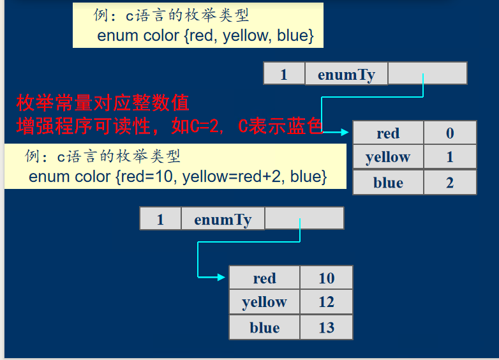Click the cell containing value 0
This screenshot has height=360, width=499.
coord(450,133)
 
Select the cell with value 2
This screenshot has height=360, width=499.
coord(450,182)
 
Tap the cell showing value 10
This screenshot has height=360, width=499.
coord(326,278)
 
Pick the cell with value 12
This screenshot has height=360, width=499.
coord(326,301)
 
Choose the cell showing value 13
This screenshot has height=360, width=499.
coord(326,327)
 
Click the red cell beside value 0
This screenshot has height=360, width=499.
coord(388,133)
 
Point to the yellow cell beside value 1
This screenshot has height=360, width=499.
coord(388,156)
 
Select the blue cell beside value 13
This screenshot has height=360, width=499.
coord(264,327)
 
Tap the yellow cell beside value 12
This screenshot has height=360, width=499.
coord(264,301)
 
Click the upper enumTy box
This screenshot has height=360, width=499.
coord(346,73)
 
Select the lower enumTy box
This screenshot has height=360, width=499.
coord(223,218)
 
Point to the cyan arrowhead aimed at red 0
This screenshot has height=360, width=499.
coord(345,131)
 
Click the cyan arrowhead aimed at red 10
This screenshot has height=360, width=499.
coord(221,277)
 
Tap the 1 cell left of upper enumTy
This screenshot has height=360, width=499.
coord(284,73)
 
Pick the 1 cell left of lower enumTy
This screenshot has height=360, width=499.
coord(160,218)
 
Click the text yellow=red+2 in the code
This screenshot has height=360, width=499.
coord(232,177)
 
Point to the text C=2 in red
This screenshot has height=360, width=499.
coord(204,126)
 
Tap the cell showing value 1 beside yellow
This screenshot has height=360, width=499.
coord(450,156)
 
